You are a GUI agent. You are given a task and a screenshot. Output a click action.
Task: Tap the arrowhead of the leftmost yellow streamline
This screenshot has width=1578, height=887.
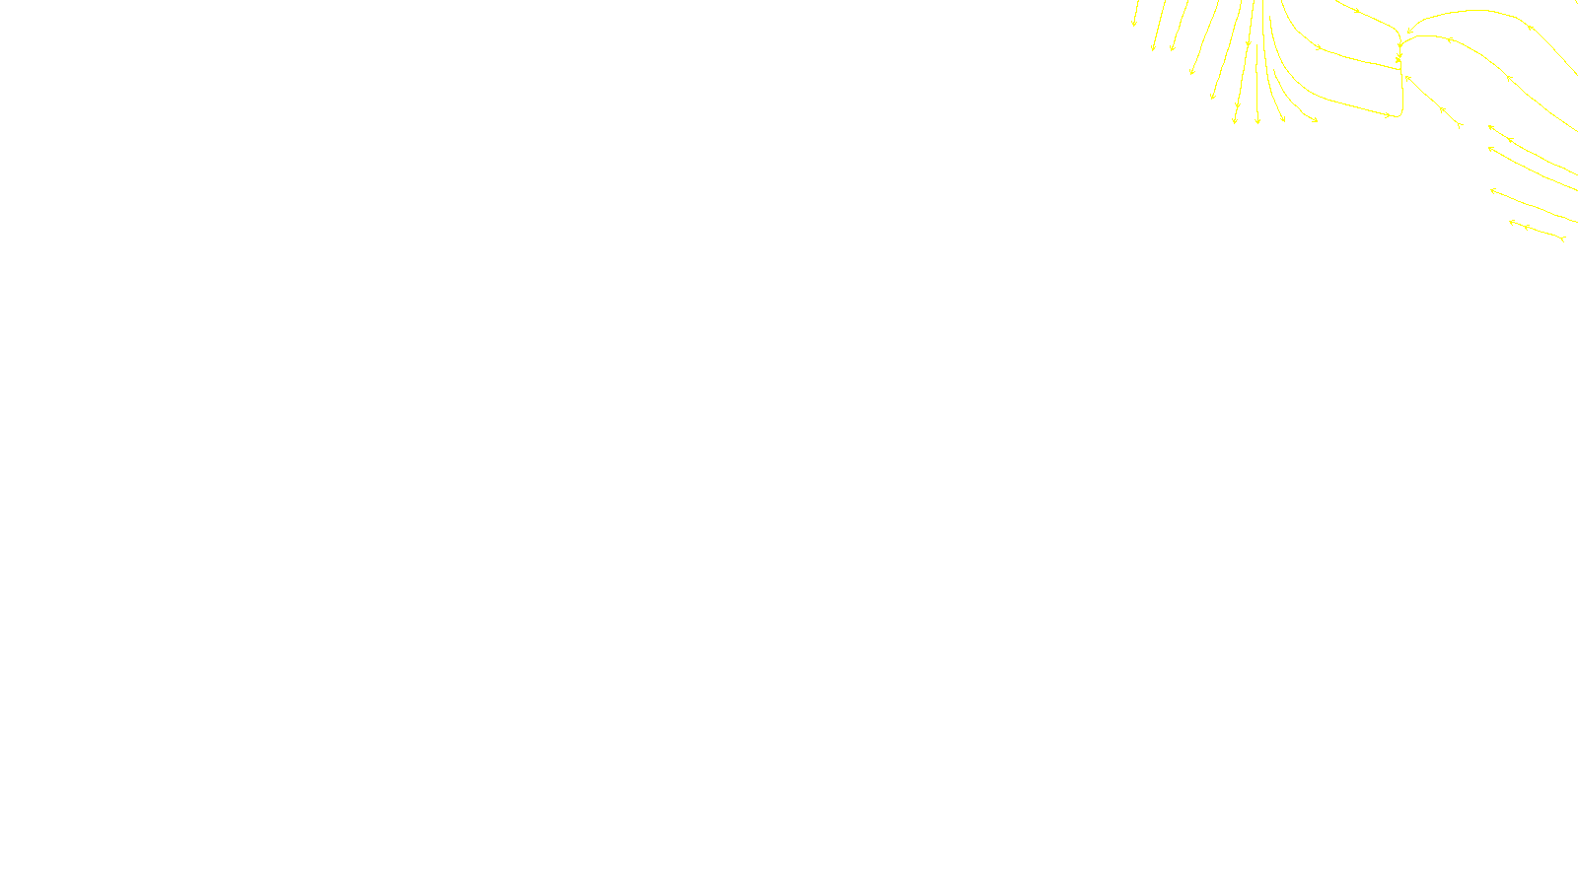(1134, 23)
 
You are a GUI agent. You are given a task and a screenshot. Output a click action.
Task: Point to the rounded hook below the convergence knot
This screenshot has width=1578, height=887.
(1399, 112)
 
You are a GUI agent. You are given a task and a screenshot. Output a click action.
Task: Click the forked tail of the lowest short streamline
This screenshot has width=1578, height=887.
(1563, 239)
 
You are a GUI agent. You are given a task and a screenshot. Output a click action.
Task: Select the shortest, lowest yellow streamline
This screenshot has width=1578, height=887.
(1537, 231)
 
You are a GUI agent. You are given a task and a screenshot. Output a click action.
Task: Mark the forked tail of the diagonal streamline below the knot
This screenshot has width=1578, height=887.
(1459, 125)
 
